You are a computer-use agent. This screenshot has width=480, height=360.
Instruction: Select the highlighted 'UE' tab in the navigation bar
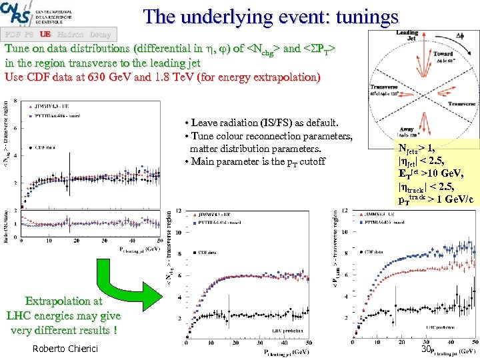pos(45,33)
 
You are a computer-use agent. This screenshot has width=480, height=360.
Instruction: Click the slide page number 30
pos(426,349)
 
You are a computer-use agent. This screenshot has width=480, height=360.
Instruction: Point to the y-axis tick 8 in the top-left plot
pos(15,100)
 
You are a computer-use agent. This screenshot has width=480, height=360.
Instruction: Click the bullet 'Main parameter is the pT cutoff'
pos(254,161)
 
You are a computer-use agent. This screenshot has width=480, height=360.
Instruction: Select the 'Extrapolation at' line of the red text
pos(63,301)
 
